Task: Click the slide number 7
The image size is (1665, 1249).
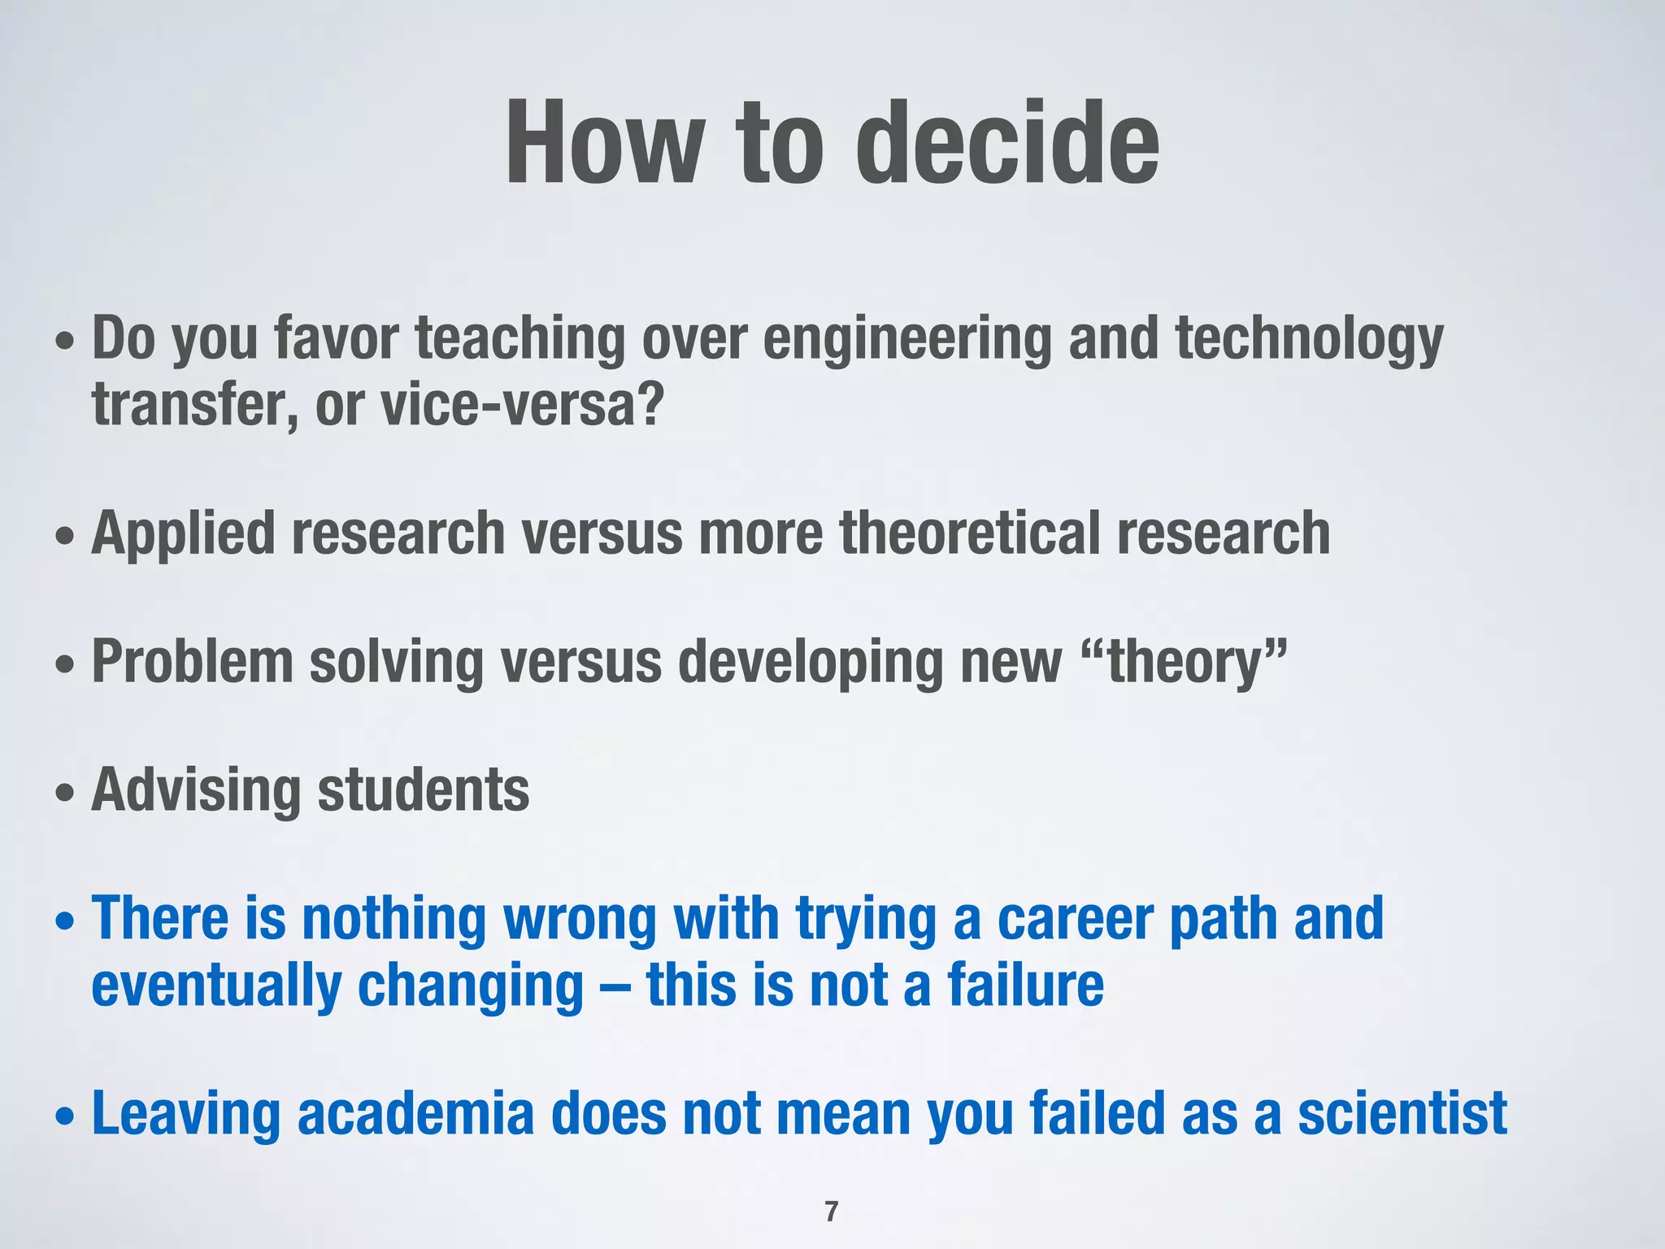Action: pos(831,1212)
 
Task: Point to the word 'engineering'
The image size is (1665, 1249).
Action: pos(907,340)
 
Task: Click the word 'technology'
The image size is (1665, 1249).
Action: pos(1309,340)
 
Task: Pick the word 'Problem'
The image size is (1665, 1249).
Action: pos(193,662)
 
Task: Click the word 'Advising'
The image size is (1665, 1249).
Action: pos(196,790)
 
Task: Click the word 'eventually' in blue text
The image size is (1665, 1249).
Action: pos(216,987)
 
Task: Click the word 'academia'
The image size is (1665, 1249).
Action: pos(415,1114)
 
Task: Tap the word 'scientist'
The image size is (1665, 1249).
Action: pos(1402,1114)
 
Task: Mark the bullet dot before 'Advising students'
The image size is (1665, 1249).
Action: pos(64,794)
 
